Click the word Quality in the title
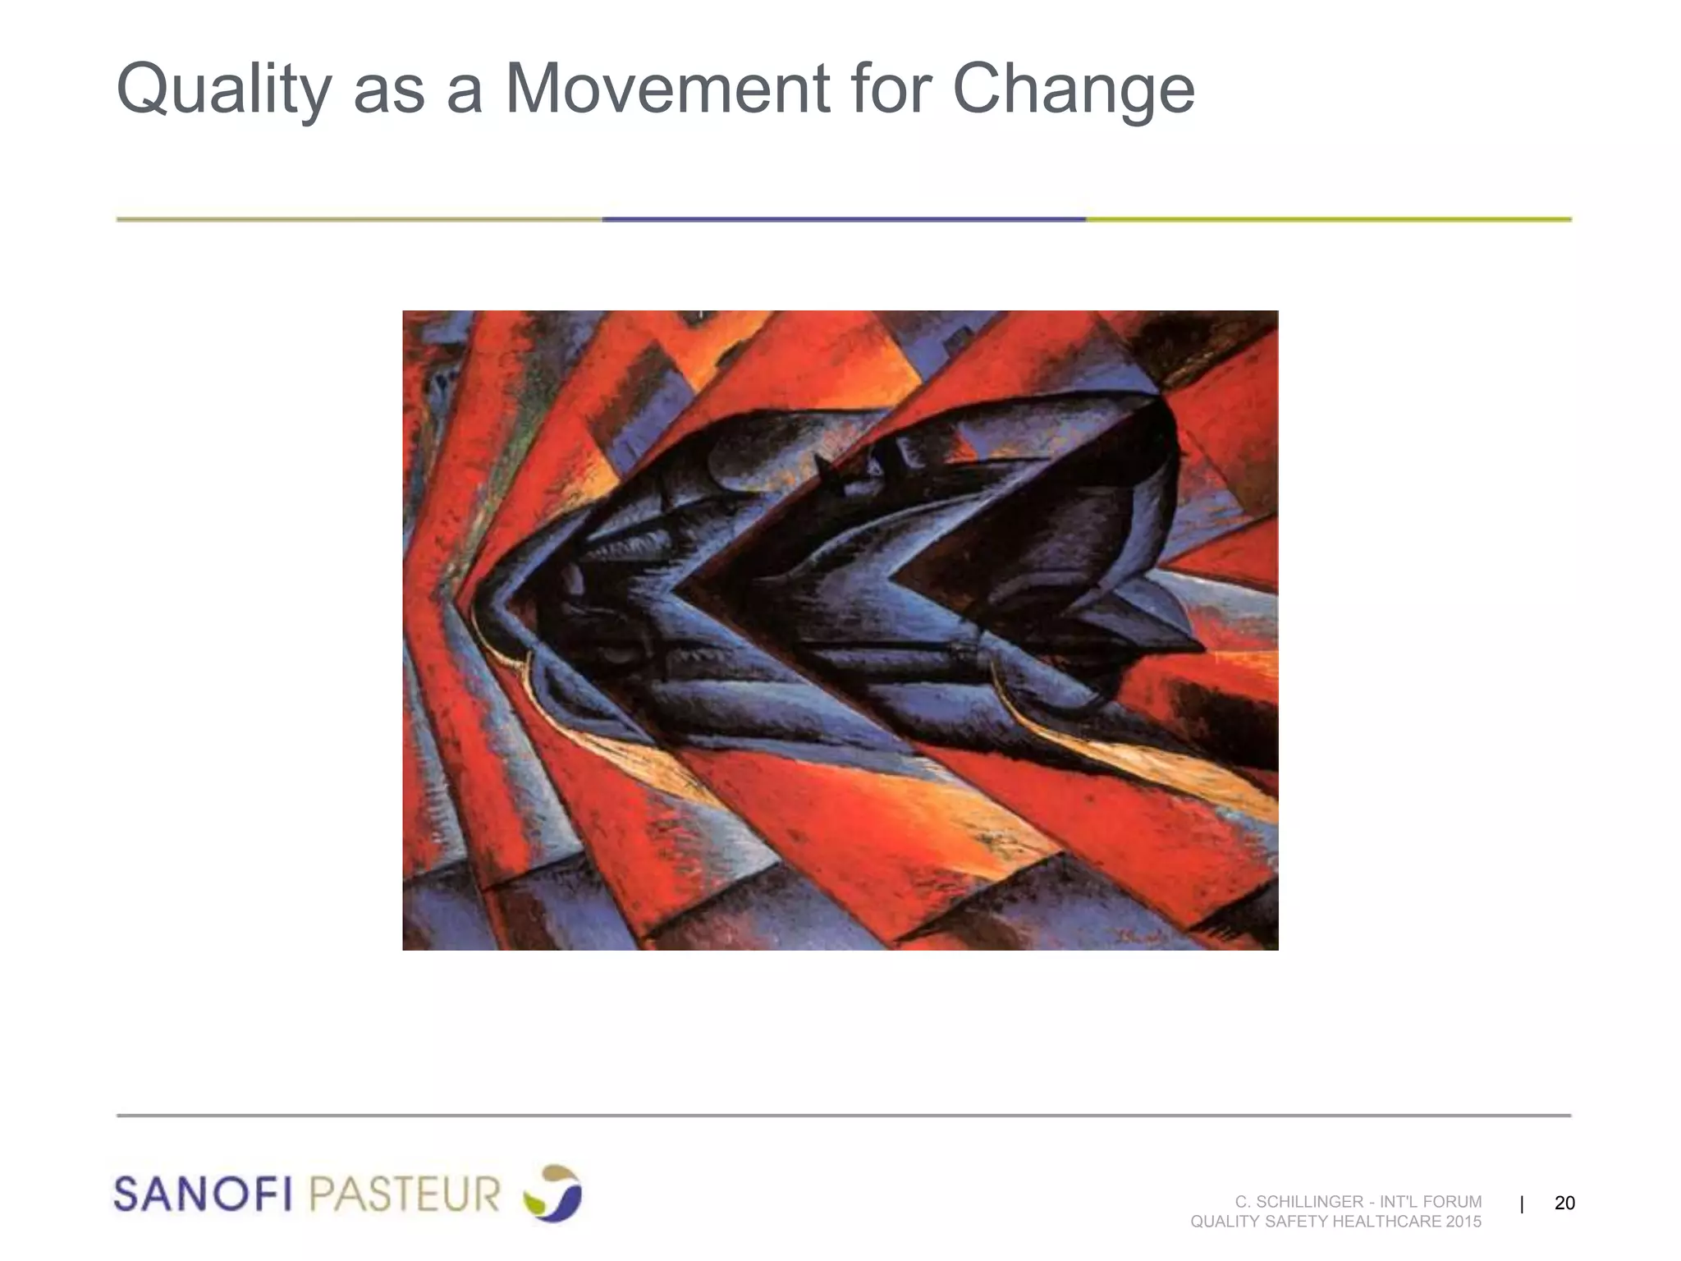point(224,90)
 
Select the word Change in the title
point(1073,90)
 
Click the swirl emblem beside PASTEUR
point(552,1192)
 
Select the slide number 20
point(1564,1203)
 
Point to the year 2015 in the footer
point(1464,1222)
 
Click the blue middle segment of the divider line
point(844,219)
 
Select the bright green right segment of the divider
point(1328,219)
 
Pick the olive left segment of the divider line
point(359,219)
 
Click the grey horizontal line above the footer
point(844,1116)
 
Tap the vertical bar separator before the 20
point(1522,1204)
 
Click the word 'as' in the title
point(389,90)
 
